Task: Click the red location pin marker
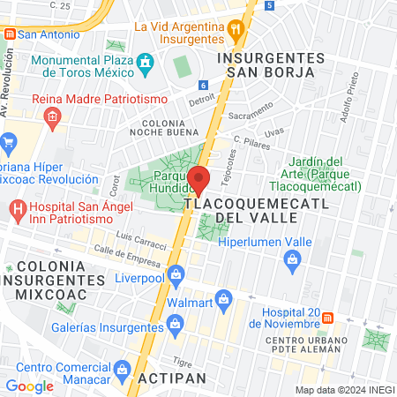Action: (199, 179)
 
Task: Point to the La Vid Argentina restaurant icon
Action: (236, 28)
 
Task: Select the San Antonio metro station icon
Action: (10, 34)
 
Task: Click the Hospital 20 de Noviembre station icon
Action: (327, 317)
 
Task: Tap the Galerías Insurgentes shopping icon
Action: (176, 325)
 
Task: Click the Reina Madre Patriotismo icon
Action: (52, 115)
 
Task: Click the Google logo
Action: (29, 386)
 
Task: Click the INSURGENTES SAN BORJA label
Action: (270, 64)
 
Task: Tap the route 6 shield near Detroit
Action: (203, 86)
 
